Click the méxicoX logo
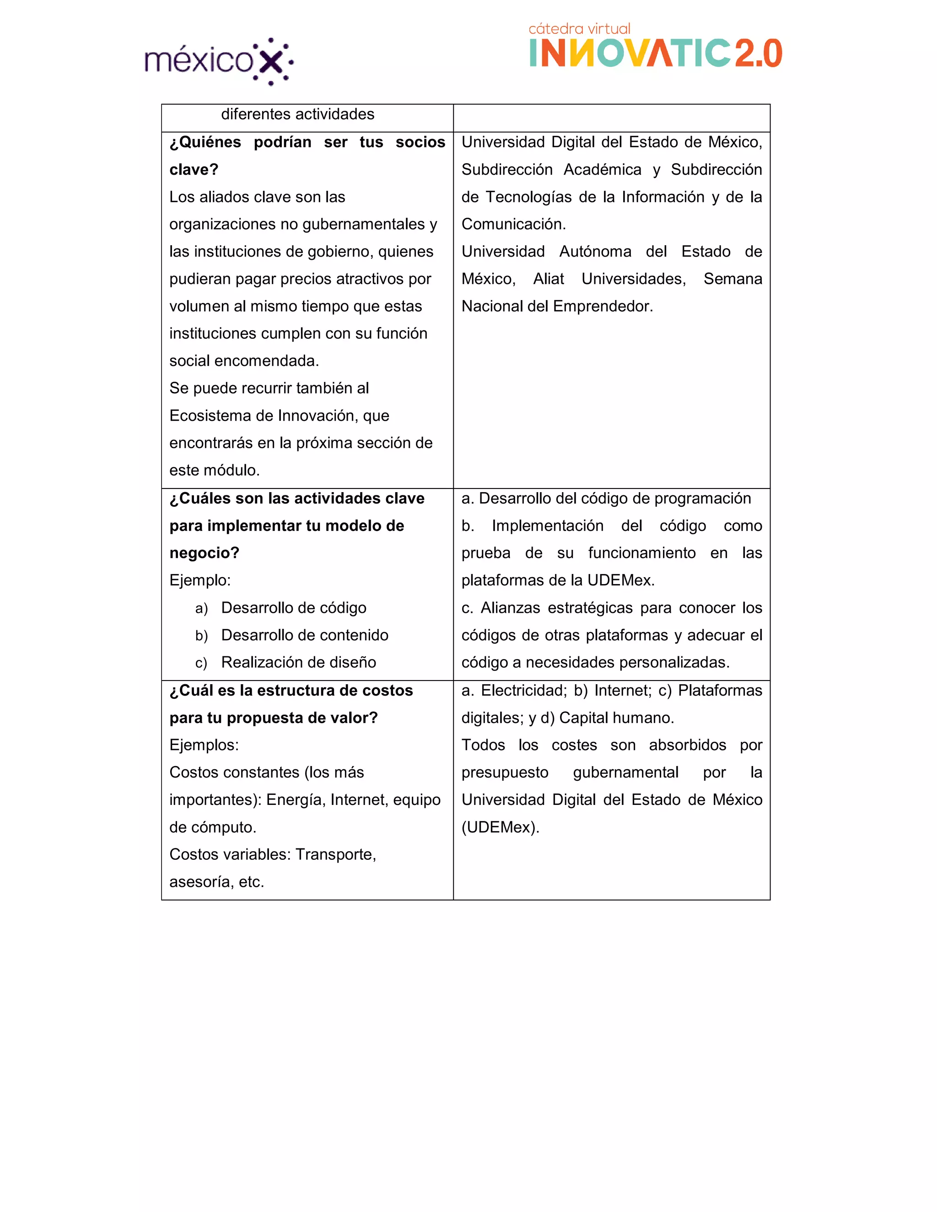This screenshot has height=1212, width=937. pos(219,60)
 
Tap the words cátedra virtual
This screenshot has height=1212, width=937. pos(579,29)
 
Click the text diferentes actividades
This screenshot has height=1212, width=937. pos(297,114)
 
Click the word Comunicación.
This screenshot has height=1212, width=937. pos(513,224)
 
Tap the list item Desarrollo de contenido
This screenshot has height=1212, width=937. pos(304,635)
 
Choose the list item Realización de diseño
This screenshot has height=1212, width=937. pos(298,662)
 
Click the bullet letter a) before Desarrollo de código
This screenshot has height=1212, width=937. pos(201,608)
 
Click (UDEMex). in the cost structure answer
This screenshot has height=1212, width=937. pos(500,827)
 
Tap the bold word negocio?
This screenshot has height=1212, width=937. pos(204,553)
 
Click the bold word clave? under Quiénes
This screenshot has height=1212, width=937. pos(194,170)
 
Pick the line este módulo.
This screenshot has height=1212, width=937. pos(214,470)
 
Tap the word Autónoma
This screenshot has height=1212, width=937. pos(595,252)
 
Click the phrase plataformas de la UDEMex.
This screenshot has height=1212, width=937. pos(558,580)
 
